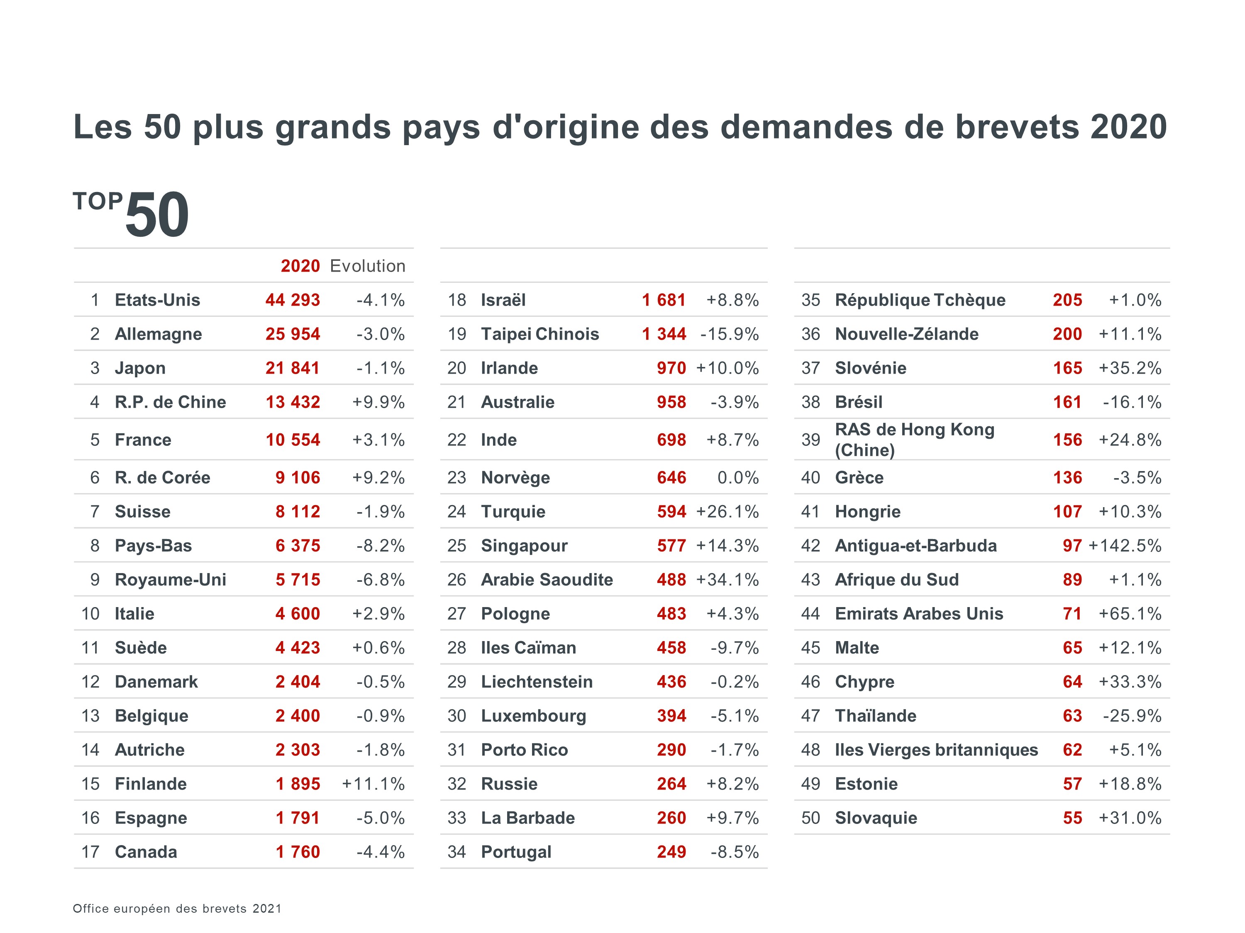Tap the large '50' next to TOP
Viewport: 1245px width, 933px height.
157,215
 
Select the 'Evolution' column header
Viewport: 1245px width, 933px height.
368,266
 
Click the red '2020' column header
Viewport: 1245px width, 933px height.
300,266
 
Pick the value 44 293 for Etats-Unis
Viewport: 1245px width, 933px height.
293,300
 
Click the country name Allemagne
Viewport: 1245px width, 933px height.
158,334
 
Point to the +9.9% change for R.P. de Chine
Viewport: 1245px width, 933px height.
378,402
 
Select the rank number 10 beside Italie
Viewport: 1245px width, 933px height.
90,614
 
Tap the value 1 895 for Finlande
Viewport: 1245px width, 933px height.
298,784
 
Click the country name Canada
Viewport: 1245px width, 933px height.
146,852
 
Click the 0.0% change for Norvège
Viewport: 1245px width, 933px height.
737,477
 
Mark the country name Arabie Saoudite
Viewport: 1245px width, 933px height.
547,580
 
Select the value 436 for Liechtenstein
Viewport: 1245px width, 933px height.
671,682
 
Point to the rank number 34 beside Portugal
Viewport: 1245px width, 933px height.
456,852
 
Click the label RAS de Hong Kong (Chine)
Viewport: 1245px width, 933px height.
914,440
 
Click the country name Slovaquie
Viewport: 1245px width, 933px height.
876,818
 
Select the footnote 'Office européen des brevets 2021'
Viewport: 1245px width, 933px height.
177,908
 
